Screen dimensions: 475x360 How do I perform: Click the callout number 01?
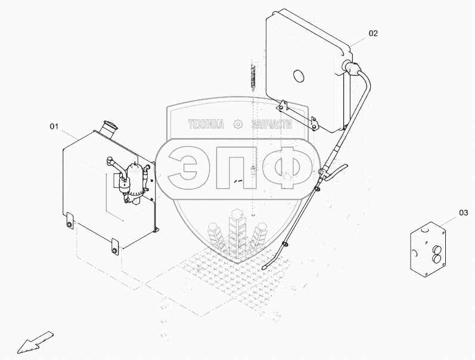click(x=54, y=126)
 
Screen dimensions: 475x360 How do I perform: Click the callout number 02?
click(x=373, y=33)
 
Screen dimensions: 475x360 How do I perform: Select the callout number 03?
click(x=464, y=213)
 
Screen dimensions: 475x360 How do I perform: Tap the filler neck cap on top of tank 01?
click(x=110, y=124)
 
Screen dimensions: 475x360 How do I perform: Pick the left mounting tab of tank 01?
click(x=70, y=221)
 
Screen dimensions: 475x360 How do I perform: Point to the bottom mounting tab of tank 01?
click(x=115, y=247)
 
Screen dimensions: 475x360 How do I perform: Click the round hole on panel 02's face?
click(x=299, y=76)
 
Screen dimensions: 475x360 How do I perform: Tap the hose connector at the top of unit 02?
click(x=350, y=67)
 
